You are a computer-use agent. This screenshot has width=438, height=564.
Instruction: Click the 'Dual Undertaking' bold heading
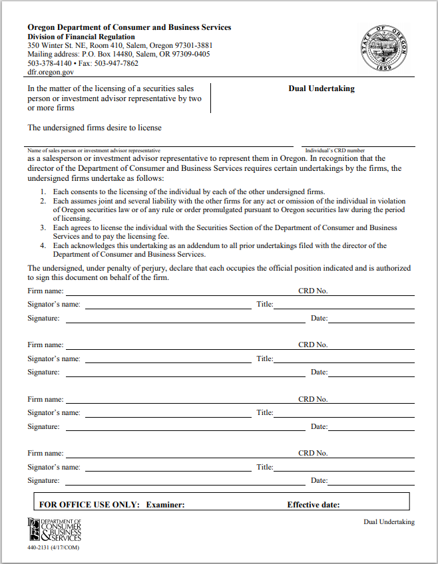click(322, 88)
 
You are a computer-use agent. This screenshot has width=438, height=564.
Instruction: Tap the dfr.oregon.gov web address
click(51, 72)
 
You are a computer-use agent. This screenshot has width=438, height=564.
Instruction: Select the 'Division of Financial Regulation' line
click(81, 37)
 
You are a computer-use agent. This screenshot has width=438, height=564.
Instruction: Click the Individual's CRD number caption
click(335, 151)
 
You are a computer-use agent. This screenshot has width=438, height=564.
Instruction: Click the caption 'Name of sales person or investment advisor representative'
click(94, 151)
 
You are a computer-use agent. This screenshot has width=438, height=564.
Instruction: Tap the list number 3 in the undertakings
click(42, 227)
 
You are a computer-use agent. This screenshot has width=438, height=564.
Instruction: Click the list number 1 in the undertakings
click(42, 192)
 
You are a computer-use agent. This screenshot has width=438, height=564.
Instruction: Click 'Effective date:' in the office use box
click(314, 505)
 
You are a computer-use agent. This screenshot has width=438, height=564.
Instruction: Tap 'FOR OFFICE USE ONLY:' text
click(90, 505)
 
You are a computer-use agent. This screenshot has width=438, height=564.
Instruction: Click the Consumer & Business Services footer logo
click(54, 529)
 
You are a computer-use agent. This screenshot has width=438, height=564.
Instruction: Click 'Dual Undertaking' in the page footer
click(389, 521)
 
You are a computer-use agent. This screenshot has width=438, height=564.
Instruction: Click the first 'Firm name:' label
click(45, 291)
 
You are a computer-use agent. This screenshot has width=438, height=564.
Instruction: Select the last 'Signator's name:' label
click(54, 467)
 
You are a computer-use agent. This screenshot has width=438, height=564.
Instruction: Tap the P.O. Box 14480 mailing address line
click(118, 55)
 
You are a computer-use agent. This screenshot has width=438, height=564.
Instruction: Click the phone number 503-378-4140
click(50, 64)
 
